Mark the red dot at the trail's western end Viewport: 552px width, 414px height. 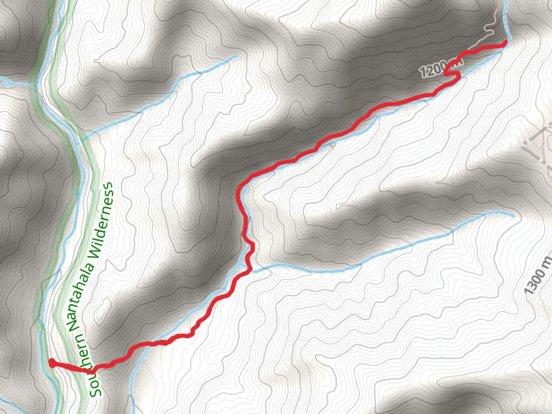tap(52, 363)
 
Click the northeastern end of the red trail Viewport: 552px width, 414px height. tap(504, 43)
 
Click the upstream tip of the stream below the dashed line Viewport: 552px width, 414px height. tap(513, 215)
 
